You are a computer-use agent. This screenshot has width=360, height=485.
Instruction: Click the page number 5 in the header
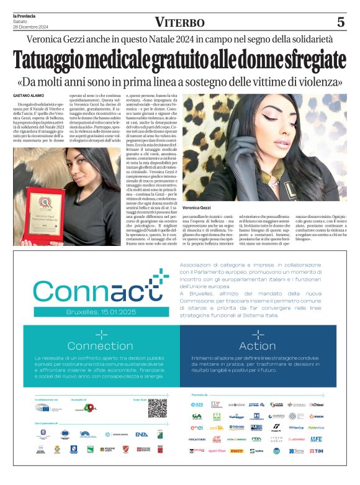click(340, 22)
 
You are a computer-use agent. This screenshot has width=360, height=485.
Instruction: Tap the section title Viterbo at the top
click(179, 23)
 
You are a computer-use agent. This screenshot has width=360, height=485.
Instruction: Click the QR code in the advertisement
click(157, 408)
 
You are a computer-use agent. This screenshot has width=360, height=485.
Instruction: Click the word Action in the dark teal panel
click(257, 346)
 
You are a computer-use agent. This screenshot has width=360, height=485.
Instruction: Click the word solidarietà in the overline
click(317, 40)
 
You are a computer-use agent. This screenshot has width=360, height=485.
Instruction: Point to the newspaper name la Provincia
click(25, 16)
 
